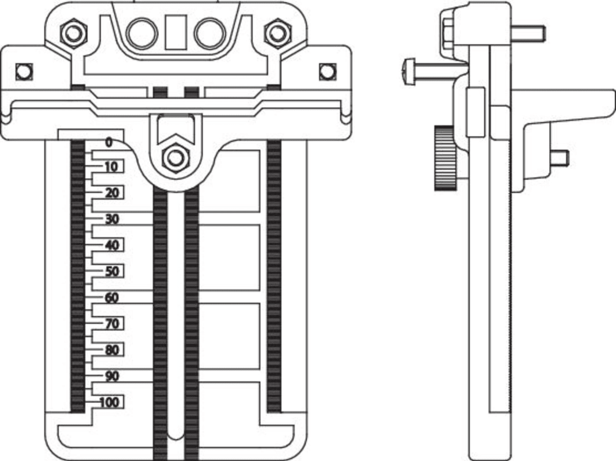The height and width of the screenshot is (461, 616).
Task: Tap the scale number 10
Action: pyautogui.click(x=111, y=167)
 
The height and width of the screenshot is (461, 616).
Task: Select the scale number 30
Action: pyautogui.click(x=112, y=220)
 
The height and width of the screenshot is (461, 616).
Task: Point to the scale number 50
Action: pyautogui.click(x=112, y=271)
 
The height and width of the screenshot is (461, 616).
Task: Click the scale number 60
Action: pyautogui.click(x=112, y=298)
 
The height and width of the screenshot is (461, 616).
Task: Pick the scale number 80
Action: pyautogui.click(x=112, y=350)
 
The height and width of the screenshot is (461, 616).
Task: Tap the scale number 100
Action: pyautogui.click(x=109, y=402)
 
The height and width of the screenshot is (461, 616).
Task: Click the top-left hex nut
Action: pyautogui.click(x=73, y=33)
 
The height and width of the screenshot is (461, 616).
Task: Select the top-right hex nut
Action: pyautogui.click(x=277, y=33)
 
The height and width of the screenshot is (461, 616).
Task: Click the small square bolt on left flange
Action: pyautogui.click(x=24, y=71)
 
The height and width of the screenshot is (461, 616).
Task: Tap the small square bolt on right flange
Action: pyautogui.click(x=328, y=71)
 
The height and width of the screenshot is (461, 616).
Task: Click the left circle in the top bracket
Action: pyautogui.click(x=142, y=33)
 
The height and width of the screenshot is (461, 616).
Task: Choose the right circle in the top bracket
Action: pyautogui.click(x=210, y=33)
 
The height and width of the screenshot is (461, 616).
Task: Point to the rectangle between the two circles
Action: pyautogui.click(x=176, y=33)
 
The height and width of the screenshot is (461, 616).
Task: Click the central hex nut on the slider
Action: pyautogui.click(x=174, y=157)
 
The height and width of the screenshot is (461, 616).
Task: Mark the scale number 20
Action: pyautogui.click(x=112, y=193)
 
